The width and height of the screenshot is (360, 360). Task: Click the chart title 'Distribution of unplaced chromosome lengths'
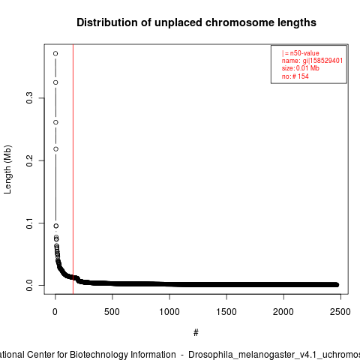[196, 22]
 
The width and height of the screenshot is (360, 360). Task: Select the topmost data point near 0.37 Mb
[55, 53]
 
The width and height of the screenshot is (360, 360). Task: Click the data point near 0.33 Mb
[55, 82]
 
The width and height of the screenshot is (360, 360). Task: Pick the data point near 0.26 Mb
[55, 122]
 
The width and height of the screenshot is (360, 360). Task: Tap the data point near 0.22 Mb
[55, 149]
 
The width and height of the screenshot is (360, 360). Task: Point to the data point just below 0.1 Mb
[56, 226]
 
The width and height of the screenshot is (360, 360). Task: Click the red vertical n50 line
[73, 169]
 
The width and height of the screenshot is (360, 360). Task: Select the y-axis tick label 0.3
[29, 97]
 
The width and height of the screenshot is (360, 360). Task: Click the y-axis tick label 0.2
[29, 160]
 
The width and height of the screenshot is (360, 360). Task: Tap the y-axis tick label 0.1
[29, 223]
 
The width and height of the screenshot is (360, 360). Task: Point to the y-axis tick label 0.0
[29, 285]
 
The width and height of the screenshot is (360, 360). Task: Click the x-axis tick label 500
[112, 312]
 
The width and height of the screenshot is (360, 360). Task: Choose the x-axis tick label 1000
[169, 312]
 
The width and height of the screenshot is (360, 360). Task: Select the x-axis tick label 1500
[226, 312]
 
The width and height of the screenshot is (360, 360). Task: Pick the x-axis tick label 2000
[283, 312]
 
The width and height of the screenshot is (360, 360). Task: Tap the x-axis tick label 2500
[340, 312]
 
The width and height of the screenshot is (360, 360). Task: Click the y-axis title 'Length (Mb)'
[8, 169]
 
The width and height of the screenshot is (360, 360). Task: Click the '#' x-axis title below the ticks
[196, 333]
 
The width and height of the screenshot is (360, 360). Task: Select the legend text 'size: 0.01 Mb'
[301, 68]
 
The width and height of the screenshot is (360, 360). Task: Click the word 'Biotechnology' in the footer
[122, 355]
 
